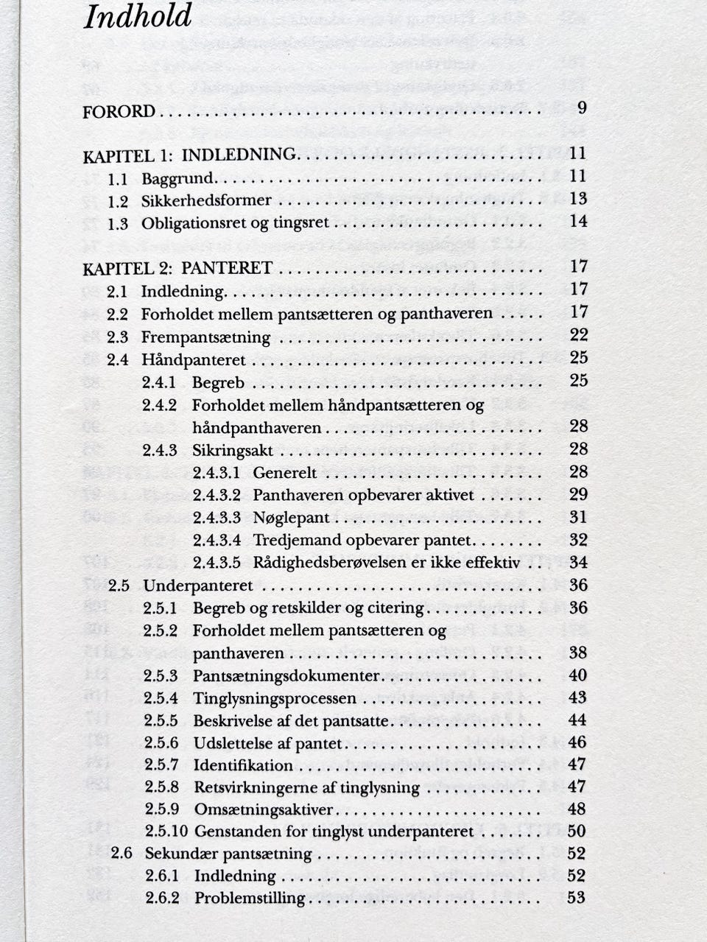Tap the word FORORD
(119, 112)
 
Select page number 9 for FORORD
(582, 108)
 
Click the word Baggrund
(177, 178)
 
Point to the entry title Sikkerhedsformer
(206, 200)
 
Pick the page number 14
(578, 221)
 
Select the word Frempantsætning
(205, 337)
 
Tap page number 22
(578, 335)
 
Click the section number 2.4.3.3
(217, 518)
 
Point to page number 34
(578, 563)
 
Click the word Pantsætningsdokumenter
(286, 676)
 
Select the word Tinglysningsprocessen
(275, 698)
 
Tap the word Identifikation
(243, 765)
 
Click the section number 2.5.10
(165, 832)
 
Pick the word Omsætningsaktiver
(264, 809)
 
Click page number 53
(577, 897)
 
